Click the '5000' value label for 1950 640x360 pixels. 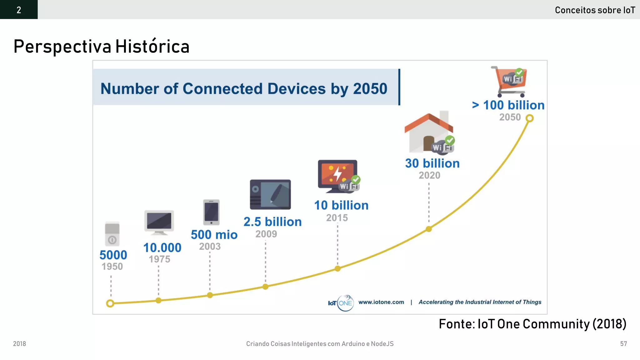(x=113, y=255)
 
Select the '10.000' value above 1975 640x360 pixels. (x=162, y=247)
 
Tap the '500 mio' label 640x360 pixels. (x=214, y=234)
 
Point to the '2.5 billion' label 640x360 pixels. (x=272, y=222)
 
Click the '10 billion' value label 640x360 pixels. (x=341, y=205)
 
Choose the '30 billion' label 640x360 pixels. (x=432, y=163)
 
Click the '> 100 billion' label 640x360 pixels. (x=508, y=105)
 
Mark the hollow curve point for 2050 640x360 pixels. (x=529, y=118)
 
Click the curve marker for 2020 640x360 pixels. (x=429, y=229)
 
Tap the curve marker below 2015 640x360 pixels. (x=337, y=268)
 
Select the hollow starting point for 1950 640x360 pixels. (x=110, y=303)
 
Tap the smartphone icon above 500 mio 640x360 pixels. (x=211, y=212)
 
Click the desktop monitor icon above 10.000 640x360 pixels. (x=159, y=222)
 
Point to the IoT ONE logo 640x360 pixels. (x=341, y=303)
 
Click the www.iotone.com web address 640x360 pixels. (x=381, y=302)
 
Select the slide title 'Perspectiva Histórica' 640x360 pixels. (x=102, y=47)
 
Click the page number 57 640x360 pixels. (x=623, y=344)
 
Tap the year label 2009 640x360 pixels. (x=266, y=234)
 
